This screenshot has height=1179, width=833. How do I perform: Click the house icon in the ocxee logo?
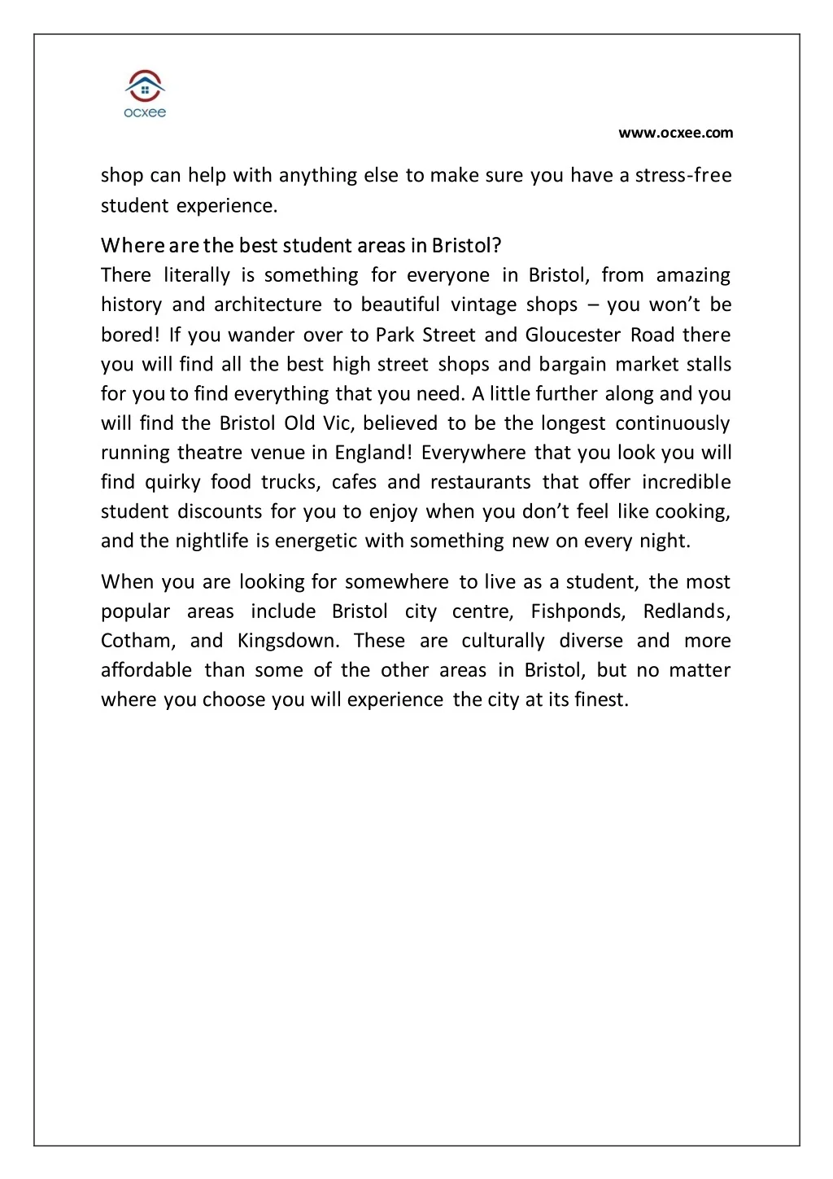pos(145,85)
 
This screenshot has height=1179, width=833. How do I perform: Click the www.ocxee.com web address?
pos(675,133)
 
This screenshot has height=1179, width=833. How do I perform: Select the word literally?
pos(197,275)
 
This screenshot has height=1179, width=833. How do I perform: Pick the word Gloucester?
pos(573,335)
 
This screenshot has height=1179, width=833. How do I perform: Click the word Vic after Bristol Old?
pos(334,423)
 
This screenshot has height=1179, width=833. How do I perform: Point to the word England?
pos(373,453)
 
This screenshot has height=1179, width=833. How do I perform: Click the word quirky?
pos(172,482)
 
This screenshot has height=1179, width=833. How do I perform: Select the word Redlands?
pos(687,611)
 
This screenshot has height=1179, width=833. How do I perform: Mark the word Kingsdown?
pos(288,641)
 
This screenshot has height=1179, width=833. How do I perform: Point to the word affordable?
pos(146,670)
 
